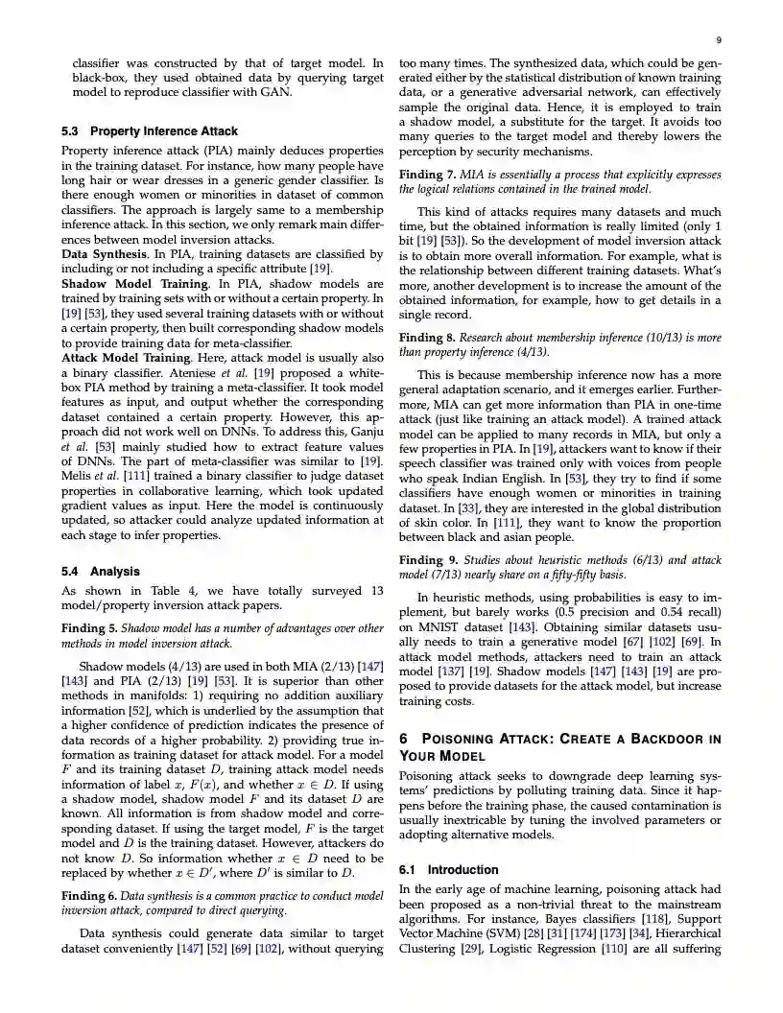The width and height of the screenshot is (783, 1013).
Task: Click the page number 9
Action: (719, 39)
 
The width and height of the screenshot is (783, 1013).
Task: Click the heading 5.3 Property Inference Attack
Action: (150, 131)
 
